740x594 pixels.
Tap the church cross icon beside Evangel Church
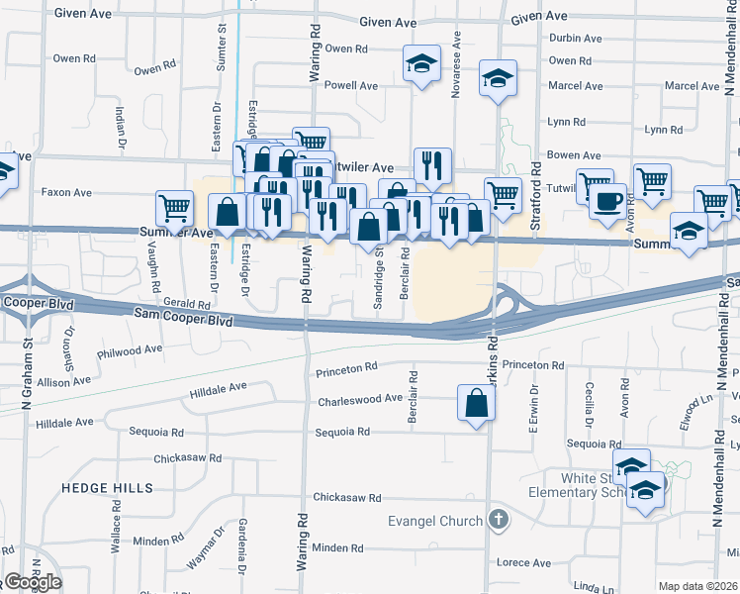[x=499, y=520]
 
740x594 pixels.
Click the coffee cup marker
[x=607, y=202]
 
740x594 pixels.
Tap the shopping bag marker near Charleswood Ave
[x=477, y=404]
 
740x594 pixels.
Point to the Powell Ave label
[x=351, y=85]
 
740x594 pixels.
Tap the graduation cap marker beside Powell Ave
[x=421, y=65]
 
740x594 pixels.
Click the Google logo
[x=32, y=582]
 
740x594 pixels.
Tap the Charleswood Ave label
[x=360, y=401]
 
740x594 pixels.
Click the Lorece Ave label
[x=524, y=563]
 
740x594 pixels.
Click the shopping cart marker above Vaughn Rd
[x=174, y=209]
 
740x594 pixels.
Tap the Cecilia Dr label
[x=589, y=401]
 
